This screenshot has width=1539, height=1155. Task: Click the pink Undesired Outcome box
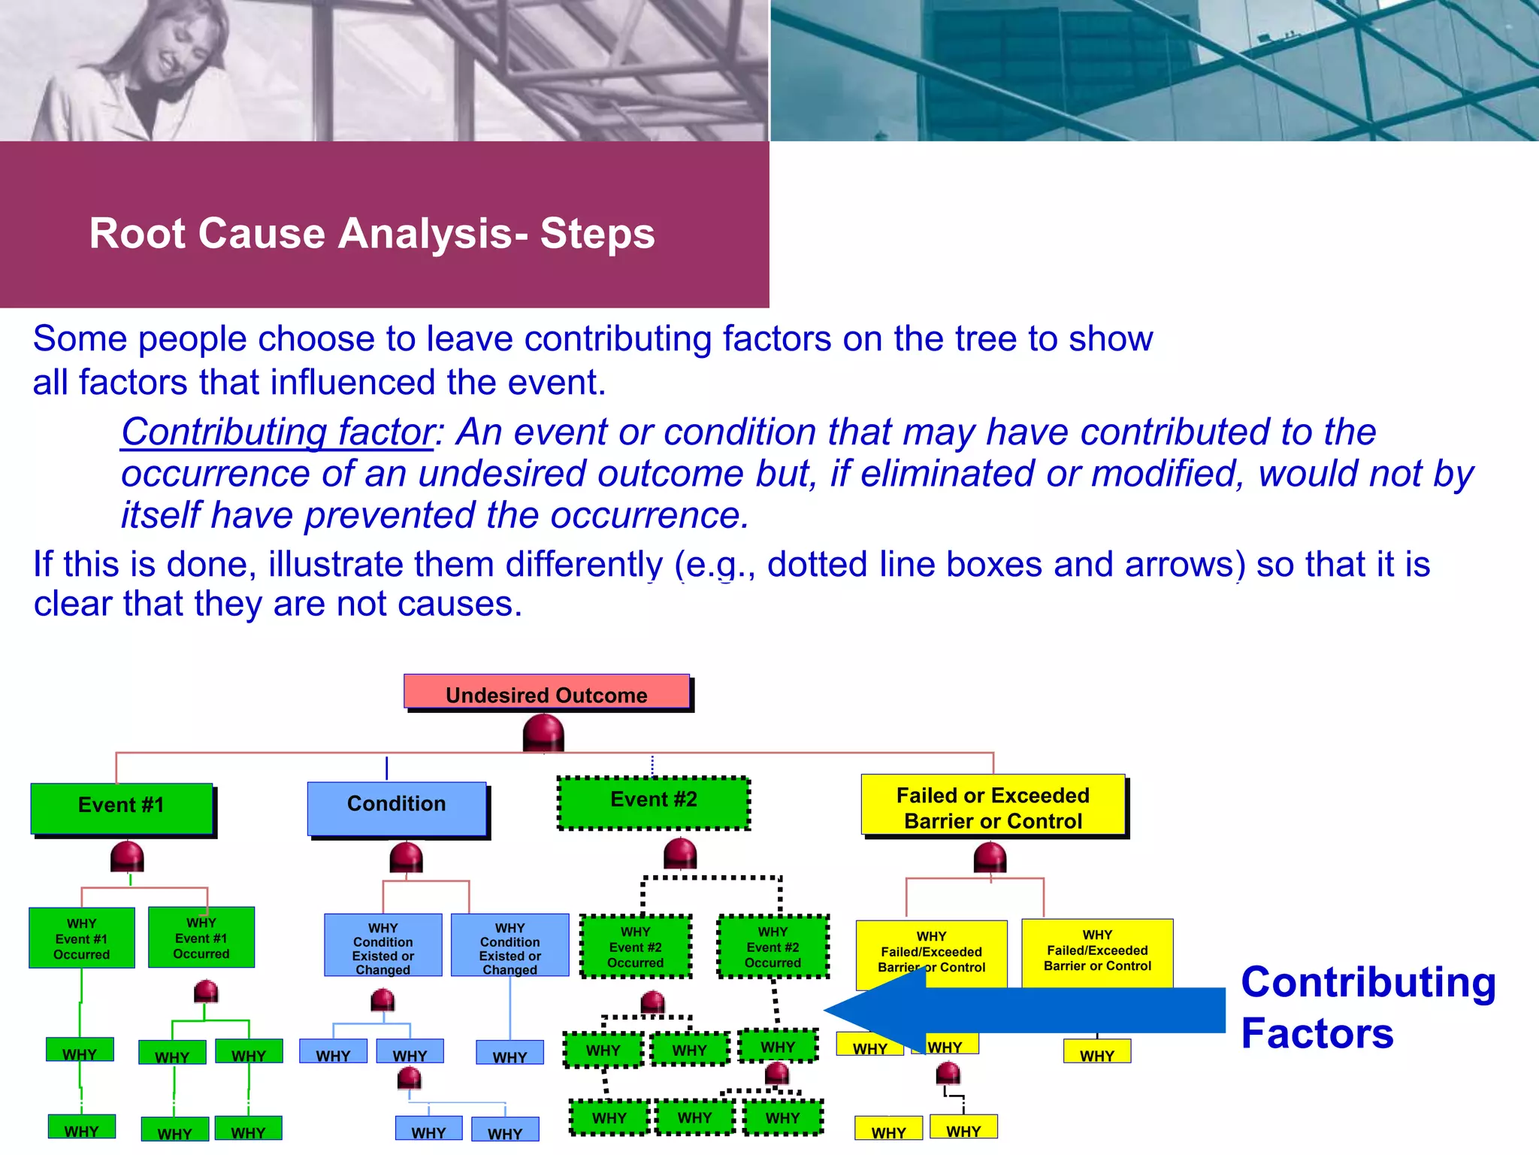[x=546, y=693]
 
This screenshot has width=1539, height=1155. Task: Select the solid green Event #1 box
[x=122, y=807]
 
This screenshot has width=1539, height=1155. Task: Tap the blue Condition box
[x=397, y=807]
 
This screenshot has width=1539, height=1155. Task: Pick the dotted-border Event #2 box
[x=654, y=802]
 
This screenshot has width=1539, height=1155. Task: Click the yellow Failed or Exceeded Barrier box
[x=993, y=806]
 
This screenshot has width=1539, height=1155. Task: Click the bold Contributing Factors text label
[x=1368, y=1008]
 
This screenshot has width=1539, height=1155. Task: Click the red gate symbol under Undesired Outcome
[x=543, y=733]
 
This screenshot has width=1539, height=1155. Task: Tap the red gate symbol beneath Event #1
[x=127, y=856]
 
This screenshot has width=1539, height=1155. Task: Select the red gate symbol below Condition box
[x=406, y=857]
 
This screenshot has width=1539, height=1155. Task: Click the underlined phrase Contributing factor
[x=277, y=432]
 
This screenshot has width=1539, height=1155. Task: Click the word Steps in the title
[x=597, y=233]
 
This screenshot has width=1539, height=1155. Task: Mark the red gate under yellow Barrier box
[x=990, y=857]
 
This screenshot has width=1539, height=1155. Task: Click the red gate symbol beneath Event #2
[x=680, y=853]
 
